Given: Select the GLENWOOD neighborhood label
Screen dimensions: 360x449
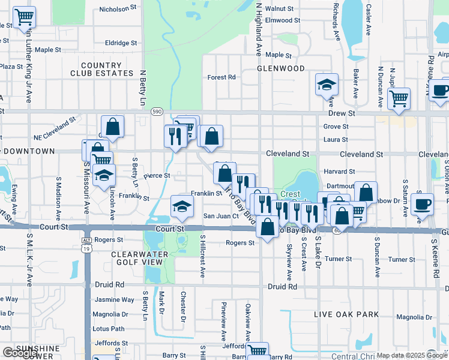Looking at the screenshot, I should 281,68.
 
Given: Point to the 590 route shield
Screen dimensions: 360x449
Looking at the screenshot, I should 157,112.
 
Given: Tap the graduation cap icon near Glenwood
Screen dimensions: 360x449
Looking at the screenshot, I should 327,85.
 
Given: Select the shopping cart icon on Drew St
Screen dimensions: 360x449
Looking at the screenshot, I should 399,99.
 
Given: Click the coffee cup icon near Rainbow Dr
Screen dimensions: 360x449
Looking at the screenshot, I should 422,204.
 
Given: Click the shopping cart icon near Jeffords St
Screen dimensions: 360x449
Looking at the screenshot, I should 257,351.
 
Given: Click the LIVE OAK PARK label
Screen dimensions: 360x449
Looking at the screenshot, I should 347,314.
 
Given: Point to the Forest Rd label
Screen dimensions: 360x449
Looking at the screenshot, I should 221,77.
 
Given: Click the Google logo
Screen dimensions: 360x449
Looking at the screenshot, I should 20,353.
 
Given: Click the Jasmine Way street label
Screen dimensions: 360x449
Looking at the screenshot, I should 115,299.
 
